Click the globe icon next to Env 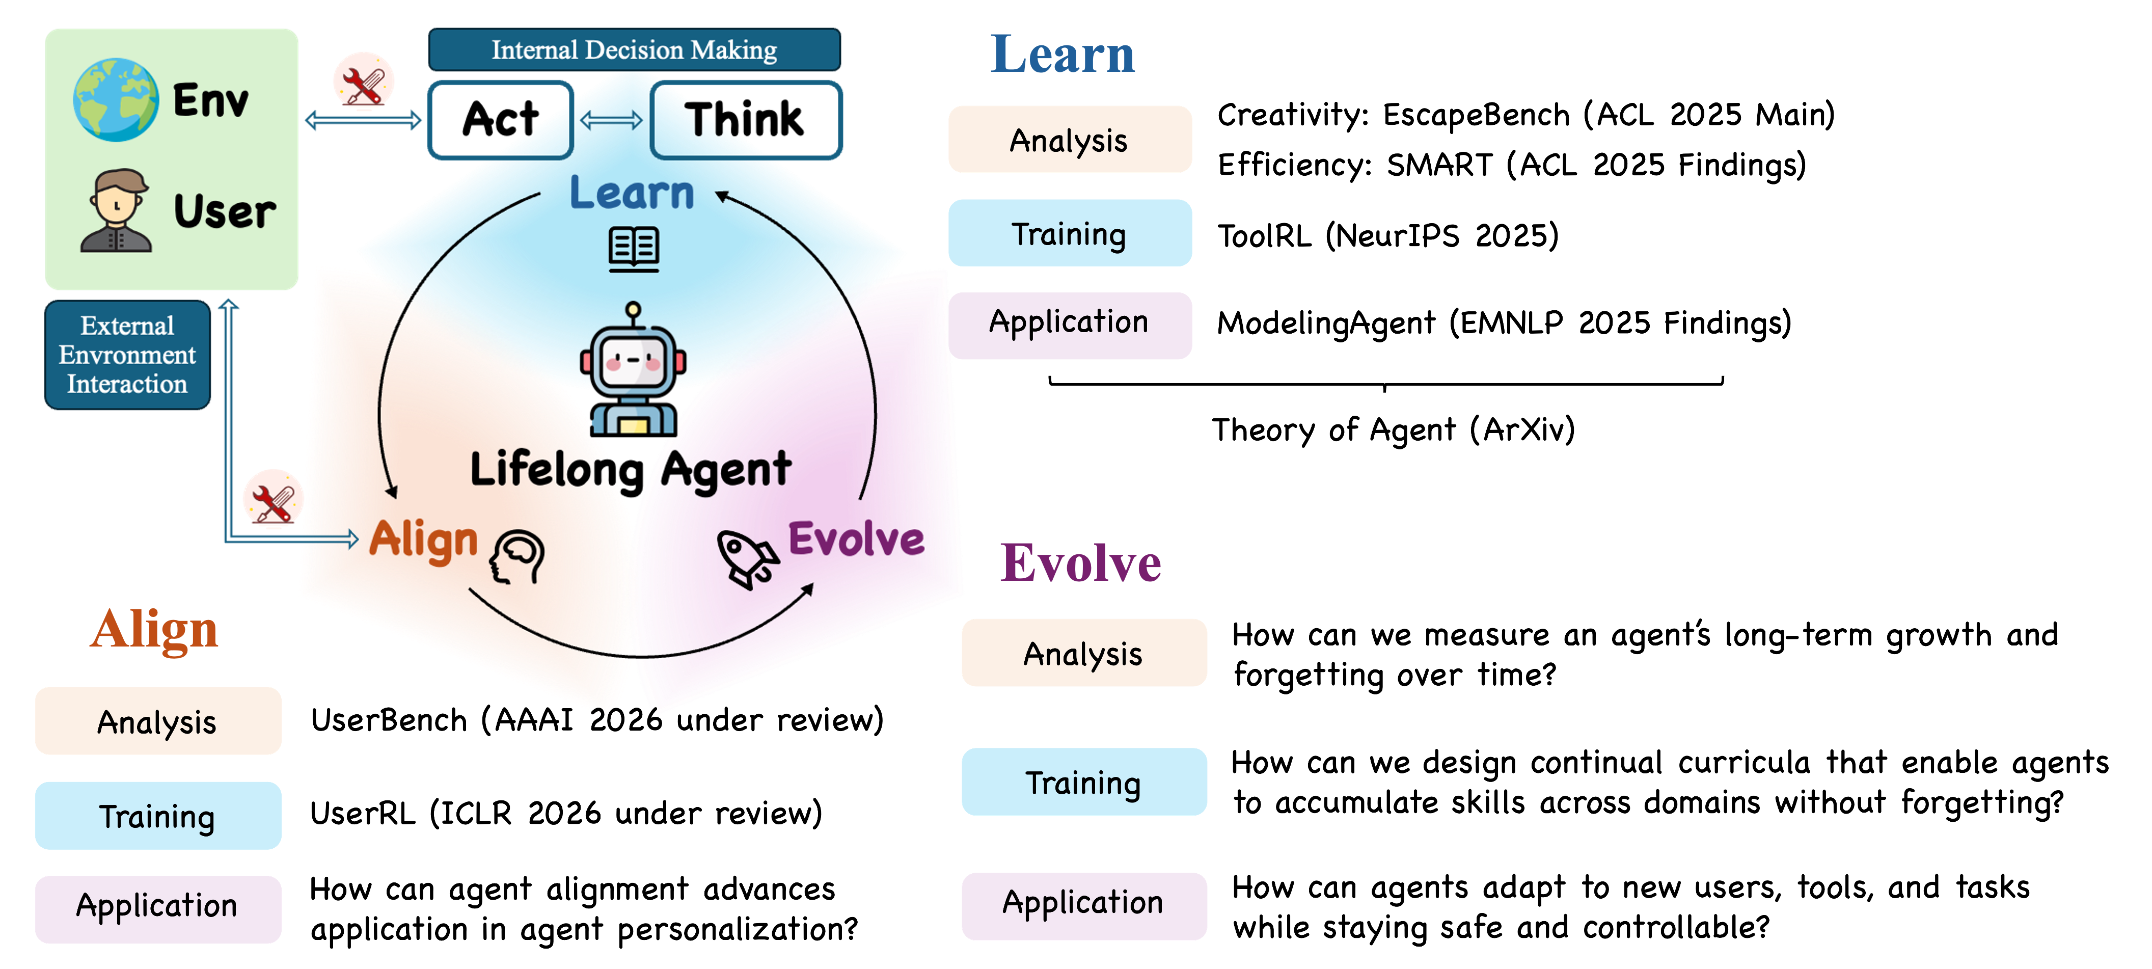point(115,99)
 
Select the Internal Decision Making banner point(634,50)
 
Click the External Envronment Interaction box point(127,355)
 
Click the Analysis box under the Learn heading point(1069,140)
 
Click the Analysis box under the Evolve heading point(1083,653)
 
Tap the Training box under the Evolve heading point(1083,783)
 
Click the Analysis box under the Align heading point(157,722)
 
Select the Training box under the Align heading point(157,816)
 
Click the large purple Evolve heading point(1080,563)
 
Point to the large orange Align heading point(154,629)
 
